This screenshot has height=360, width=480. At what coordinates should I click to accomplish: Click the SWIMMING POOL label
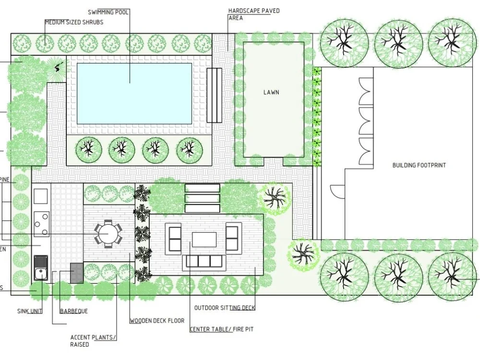click(108, 12)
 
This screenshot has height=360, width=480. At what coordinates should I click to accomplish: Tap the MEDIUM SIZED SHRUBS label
click(74, 22)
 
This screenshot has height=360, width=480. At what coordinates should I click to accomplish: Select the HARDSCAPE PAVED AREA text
click(253, 14)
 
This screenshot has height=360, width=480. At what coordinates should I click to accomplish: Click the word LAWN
click(271, 92)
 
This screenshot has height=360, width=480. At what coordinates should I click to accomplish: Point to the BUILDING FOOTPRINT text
click(419, 165)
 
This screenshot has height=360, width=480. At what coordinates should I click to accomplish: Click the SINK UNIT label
click(30, 311)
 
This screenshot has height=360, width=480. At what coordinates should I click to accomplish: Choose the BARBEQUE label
click(74, 311)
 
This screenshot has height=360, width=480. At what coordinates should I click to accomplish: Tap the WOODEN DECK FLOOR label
click(157, 321)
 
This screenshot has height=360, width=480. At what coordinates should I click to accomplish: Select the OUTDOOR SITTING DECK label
click(225, 308)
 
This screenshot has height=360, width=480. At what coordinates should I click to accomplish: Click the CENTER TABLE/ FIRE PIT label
click(221, 329)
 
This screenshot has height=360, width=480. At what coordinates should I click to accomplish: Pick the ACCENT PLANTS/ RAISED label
click(93, 341)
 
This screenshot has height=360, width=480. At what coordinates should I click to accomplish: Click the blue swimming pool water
click(134, 92)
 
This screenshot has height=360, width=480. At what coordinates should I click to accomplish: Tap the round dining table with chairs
click(108, 234)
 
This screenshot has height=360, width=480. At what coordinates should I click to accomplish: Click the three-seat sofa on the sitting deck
click(204, 261)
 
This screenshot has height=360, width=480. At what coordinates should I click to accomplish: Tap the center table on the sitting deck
click(204, 239)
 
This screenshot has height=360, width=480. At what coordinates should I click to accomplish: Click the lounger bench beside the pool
click(215, 95)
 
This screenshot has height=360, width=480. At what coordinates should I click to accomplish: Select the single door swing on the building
click(338, 192)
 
